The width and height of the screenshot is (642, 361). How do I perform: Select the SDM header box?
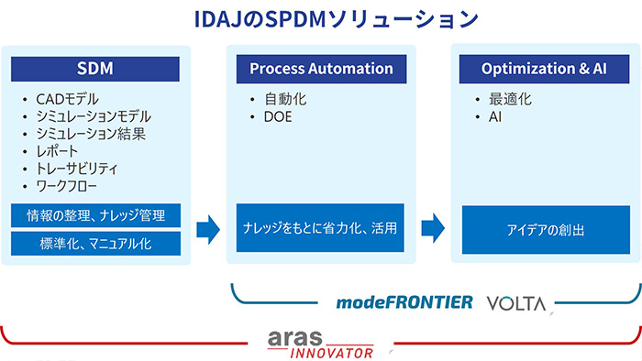pyautogui.click(x=95, y=69)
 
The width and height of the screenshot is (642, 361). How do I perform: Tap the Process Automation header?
pyautogui.click(x=321, y=69)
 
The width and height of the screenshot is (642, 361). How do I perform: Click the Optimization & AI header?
pyautogui.click(x=546, y=69)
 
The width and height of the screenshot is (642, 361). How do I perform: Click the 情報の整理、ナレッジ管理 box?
pyautogui.click(x=95, y=215)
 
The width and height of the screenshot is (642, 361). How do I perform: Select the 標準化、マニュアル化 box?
pyautogui.click(x=95, y=244)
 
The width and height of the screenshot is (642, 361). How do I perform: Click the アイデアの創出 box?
pyautogui.click(x=546, y=230)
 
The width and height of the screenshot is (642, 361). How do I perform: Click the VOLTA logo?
pyautogui.click(x=516, y=302)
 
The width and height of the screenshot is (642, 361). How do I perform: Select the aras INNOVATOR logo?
pyautogui.click(x=320, y=344)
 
